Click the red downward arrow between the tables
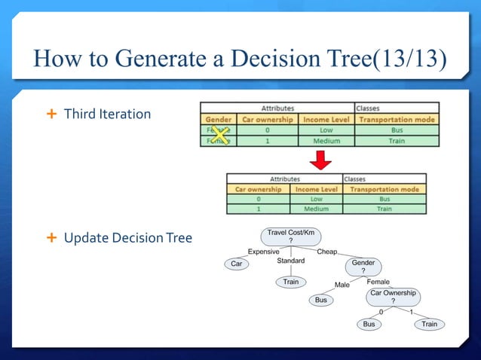pyautogui.click(x=321, y=159)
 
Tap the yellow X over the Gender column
pyautogui.click(x=219, y=134)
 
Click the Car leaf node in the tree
pyautogui.click(x=237, y=264)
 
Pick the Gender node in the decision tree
pyautogui.click(x=363, y=267)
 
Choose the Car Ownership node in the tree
pyautogui.click(x=392, y=296)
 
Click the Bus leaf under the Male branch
pyautogui.click(x=320, y=300)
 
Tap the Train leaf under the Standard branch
pyautogui.click(x=290, y=282)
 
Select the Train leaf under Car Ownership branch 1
pyautogui.click(x=429, y=324)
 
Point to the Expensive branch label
pyautogui.click(x=264, y=252)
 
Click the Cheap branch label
pyautogui.click(x=327, y=252)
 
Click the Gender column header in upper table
pyautogui.click(x=218, y=119)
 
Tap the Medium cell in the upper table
pyautogui.click(x=326, y=140)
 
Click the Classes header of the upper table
pyautogui.click(x=369, y=108)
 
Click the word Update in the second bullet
pyautogui.click(x=85, y=238)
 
